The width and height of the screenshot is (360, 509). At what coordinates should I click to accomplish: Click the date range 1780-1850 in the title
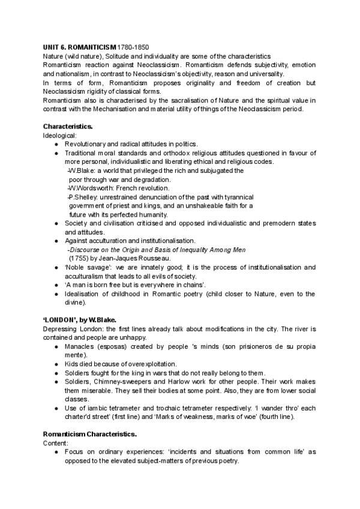coord(133,47)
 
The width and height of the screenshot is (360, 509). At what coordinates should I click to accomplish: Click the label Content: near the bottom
coord(56,442)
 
